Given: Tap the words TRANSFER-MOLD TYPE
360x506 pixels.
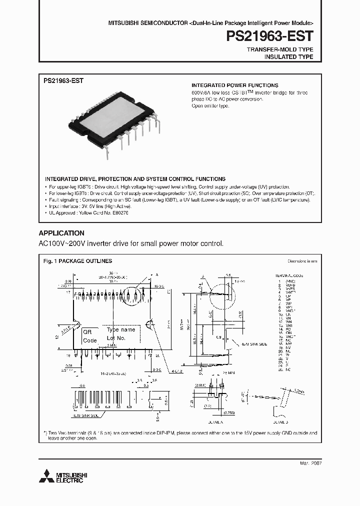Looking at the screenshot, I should point(280,50).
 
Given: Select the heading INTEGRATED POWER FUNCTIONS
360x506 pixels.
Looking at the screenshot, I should point(235,85).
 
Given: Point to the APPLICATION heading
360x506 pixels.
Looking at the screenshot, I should point(61,233).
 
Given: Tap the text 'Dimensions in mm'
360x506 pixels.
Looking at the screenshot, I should point(302,261).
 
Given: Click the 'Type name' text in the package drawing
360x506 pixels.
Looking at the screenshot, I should point(121,330).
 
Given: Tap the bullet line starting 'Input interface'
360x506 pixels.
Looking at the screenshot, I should point(90,206).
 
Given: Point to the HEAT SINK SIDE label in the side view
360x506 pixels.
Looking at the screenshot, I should point(255,344).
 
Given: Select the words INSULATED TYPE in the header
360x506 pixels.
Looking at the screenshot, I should point(288,57).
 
